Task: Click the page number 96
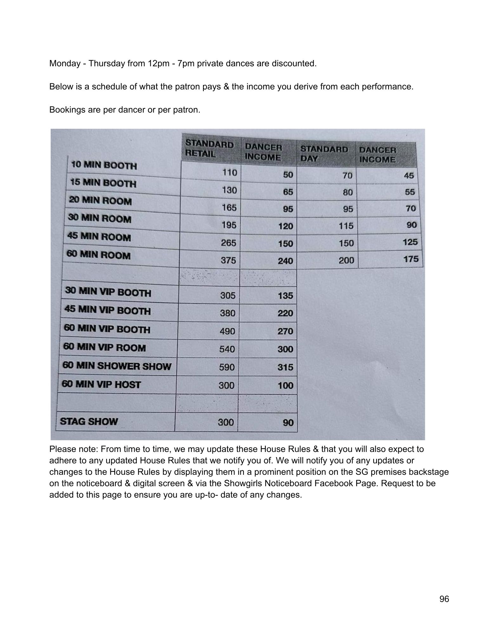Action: tap(444, 599)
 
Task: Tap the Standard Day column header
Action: tap(324, 154)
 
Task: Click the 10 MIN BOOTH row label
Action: tap(104, 165)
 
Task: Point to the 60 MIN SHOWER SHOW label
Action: tap(117, 366)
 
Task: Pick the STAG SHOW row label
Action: tap(89, 422)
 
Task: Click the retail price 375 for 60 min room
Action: tap(228, 260)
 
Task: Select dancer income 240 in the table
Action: tap(285, 261)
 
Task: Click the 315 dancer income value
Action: tap(285, 367)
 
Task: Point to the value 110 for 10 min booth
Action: tap(230, 173)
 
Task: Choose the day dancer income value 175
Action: tap(411, 259)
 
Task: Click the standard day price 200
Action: tap(346, 260)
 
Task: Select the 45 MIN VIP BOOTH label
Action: tap(108, 310)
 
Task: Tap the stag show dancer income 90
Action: tap(288, 422)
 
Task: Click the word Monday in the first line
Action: tap(65, 63)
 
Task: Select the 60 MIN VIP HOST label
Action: tap(101, 384)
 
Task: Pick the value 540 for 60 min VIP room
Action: tap(227, 349)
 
